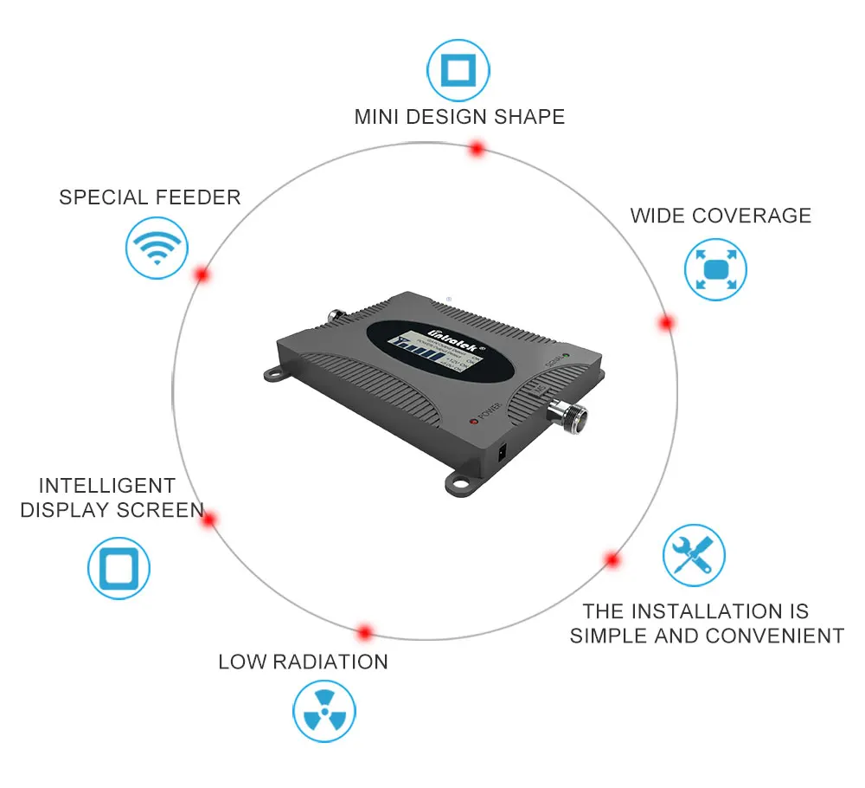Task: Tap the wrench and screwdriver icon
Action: click(x=694, y=555)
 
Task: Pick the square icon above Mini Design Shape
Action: click(x=458, y=70)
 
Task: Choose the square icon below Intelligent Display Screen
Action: click(x=119, y=569)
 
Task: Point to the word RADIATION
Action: click(x=330, y=662)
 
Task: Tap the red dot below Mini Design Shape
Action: click(x=476, y=149)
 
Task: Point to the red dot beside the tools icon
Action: click(x=612, y=559)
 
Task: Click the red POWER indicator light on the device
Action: click(x=473, y=421)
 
